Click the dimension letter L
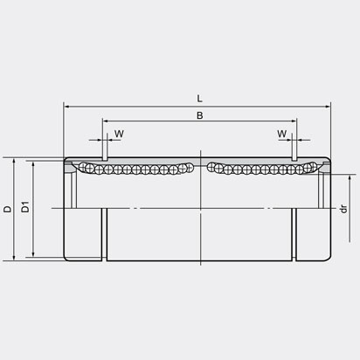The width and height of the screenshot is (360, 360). point(200,100)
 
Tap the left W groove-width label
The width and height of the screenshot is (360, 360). point(118,134)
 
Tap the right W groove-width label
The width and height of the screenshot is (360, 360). point(281,134)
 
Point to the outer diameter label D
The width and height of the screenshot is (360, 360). point(7,209)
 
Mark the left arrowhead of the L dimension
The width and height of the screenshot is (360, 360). point(67,107)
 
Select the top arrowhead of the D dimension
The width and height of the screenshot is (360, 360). point(16,161)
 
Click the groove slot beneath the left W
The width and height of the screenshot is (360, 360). point(104,157)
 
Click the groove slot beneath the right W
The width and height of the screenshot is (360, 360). point(294,157)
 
